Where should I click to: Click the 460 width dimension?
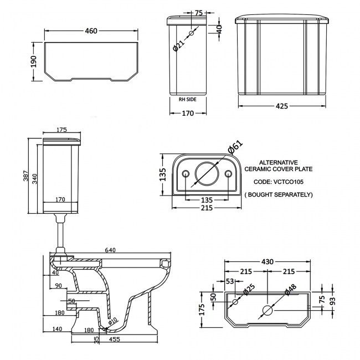tap(90, 32)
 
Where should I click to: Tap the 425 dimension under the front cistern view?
tap(282, 106)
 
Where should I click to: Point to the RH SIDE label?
tap(188, 100)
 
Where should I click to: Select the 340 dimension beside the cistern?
tap(35, 178)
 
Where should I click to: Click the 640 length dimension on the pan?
tap(110, 250)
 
